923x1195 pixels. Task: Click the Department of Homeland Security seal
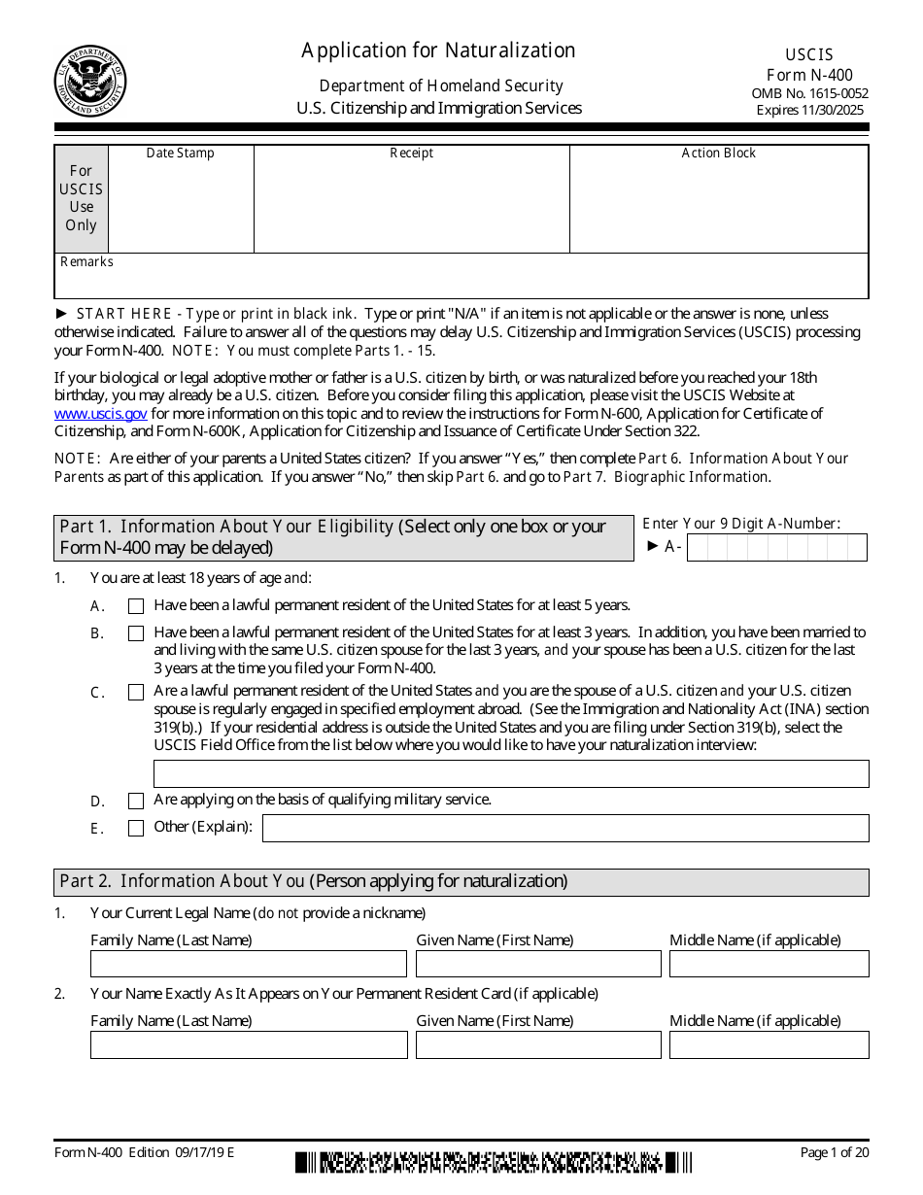[x=89, y=82]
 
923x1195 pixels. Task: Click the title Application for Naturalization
[x=438, y=51]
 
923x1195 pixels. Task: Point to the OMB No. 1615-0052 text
[x=809, y=93]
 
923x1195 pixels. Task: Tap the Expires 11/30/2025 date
[x=809, y=110]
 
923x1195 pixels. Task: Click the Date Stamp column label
[x=180, y=154]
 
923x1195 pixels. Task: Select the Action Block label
[x=718, y=154]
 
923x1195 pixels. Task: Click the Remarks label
[x=86, y=262]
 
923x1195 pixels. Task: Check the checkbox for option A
[x=136, y=606]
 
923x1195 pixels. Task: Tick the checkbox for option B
[x=136, y=633]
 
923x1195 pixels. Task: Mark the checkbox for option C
[x=136, y=693]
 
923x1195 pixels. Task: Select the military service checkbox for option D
[x=136, y=802]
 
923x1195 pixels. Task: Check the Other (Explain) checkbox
[x=136, y=829]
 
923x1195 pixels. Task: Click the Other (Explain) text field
[x=565, y=829]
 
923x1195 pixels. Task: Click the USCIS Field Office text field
[x=511, y=773]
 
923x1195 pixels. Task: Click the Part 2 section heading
[x=314, y=882]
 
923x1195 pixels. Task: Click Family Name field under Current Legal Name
[x=248, y=964]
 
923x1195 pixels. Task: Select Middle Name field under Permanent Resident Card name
[x=769, y=1044]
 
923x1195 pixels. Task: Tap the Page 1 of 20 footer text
[x=834, y=1153]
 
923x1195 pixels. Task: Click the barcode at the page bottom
[x=494, y=1162]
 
